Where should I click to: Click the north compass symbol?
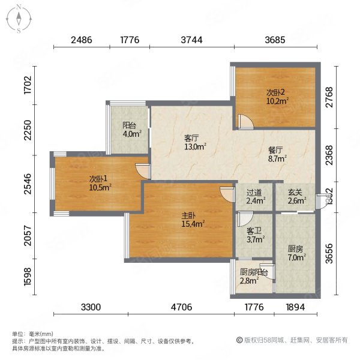(19, 18)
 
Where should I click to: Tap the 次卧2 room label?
(275, 97)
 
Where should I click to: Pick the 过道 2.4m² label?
(254, 196)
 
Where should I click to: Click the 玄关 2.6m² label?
(294, 196)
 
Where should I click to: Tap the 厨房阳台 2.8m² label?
(251, 276)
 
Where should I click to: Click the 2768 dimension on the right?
(328, 97)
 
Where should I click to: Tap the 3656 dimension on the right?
(328, 253)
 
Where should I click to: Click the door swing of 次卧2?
(245, 122)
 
